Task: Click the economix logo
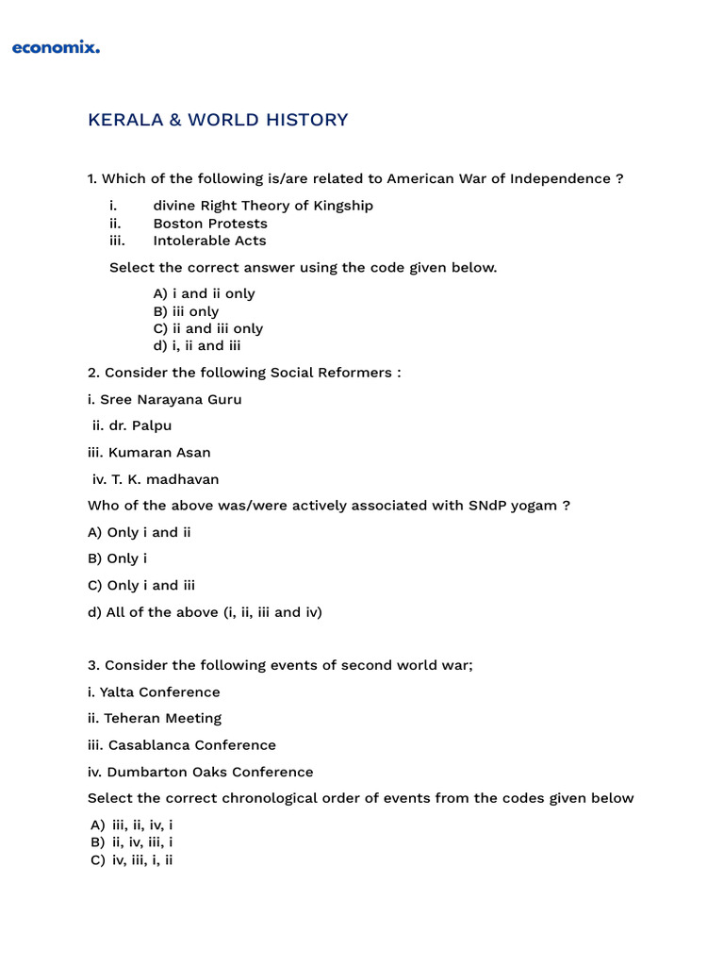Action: click(x=56, y=47)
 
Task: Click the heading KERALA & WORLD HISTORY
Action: click(x=218, y=120)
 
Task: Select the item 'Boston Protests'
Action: click(x=210, y=224)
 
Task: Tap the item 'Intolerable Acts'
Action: click(x=209, y=241)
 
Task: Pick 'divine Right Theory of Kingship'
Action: click(x=263, y=206)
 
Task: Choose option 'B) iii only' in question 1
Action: click(x=186, y=311)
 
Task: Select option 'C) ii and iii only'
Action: click(x=207, y=328)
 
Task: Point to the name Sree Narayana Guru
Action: click(x=165, y=399)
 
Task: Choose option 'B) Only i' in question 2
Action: click(x=118, y=558)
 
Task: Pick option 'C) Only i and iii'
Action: click(x=141, y=585)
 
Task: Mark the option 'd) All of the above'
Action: click(x=205, y=612)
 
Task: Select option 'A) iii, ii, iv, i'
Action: click(x=132, y=824)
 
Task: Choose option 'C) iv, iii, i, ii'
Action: click(x=132, y=860)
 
